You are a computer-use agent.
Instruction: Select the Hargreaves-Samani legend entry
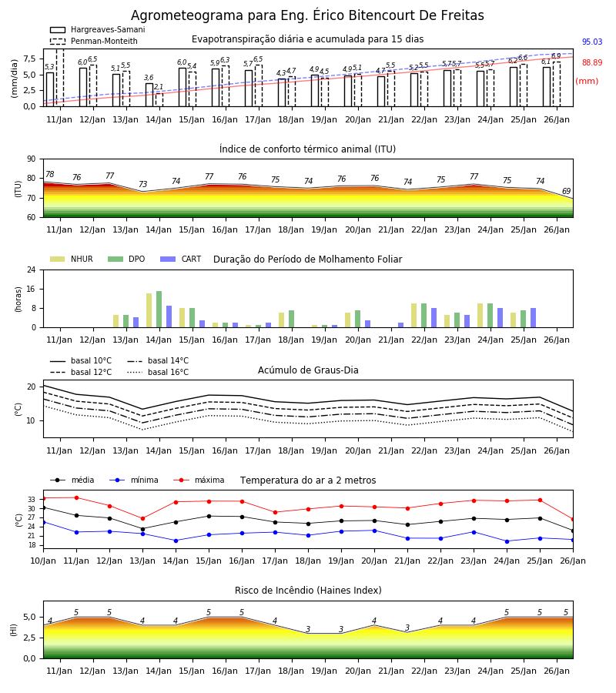(98, 29)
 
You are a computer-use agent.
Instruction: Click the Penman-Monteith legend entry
(94, 41)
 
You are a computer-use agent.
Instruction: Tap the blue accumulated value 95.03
(592, 42)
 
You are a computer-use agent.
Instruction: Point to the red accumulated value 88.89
(592, 63)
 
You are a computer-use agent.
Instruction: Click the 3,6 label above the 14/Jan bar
(149, 78)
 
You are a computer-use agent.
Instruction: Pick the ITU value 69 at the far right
(566, 191)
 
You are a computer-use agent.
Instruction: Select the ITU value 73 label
(142, 184)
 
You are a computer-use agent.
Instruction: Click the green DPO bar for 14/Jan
(159, 310)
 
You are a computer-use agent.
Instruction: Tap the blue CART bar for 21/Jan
(401, 325)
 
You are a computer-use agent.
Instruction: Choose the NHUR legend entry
(72, 259)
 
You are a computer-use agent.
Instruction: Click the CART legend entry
(181, 259)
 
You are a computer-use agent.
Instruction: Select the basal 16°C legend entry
(158, 372)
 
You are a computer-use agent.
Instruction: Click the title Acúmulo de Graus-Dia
(308, 370)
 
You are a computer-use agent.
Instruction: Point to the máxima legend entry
(199, 480)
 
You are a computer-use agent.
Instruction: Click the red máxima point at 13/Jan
(142, 518)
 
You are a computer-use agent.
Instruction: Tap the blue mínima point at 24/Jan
(507, 541)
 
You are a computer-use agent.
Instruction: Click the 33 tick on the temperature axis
(32, 500)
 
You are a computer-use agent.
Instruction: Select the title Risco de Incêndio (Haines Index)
(308, 591)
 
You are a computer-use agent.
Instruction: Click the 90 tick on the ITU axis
(32, 159)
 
